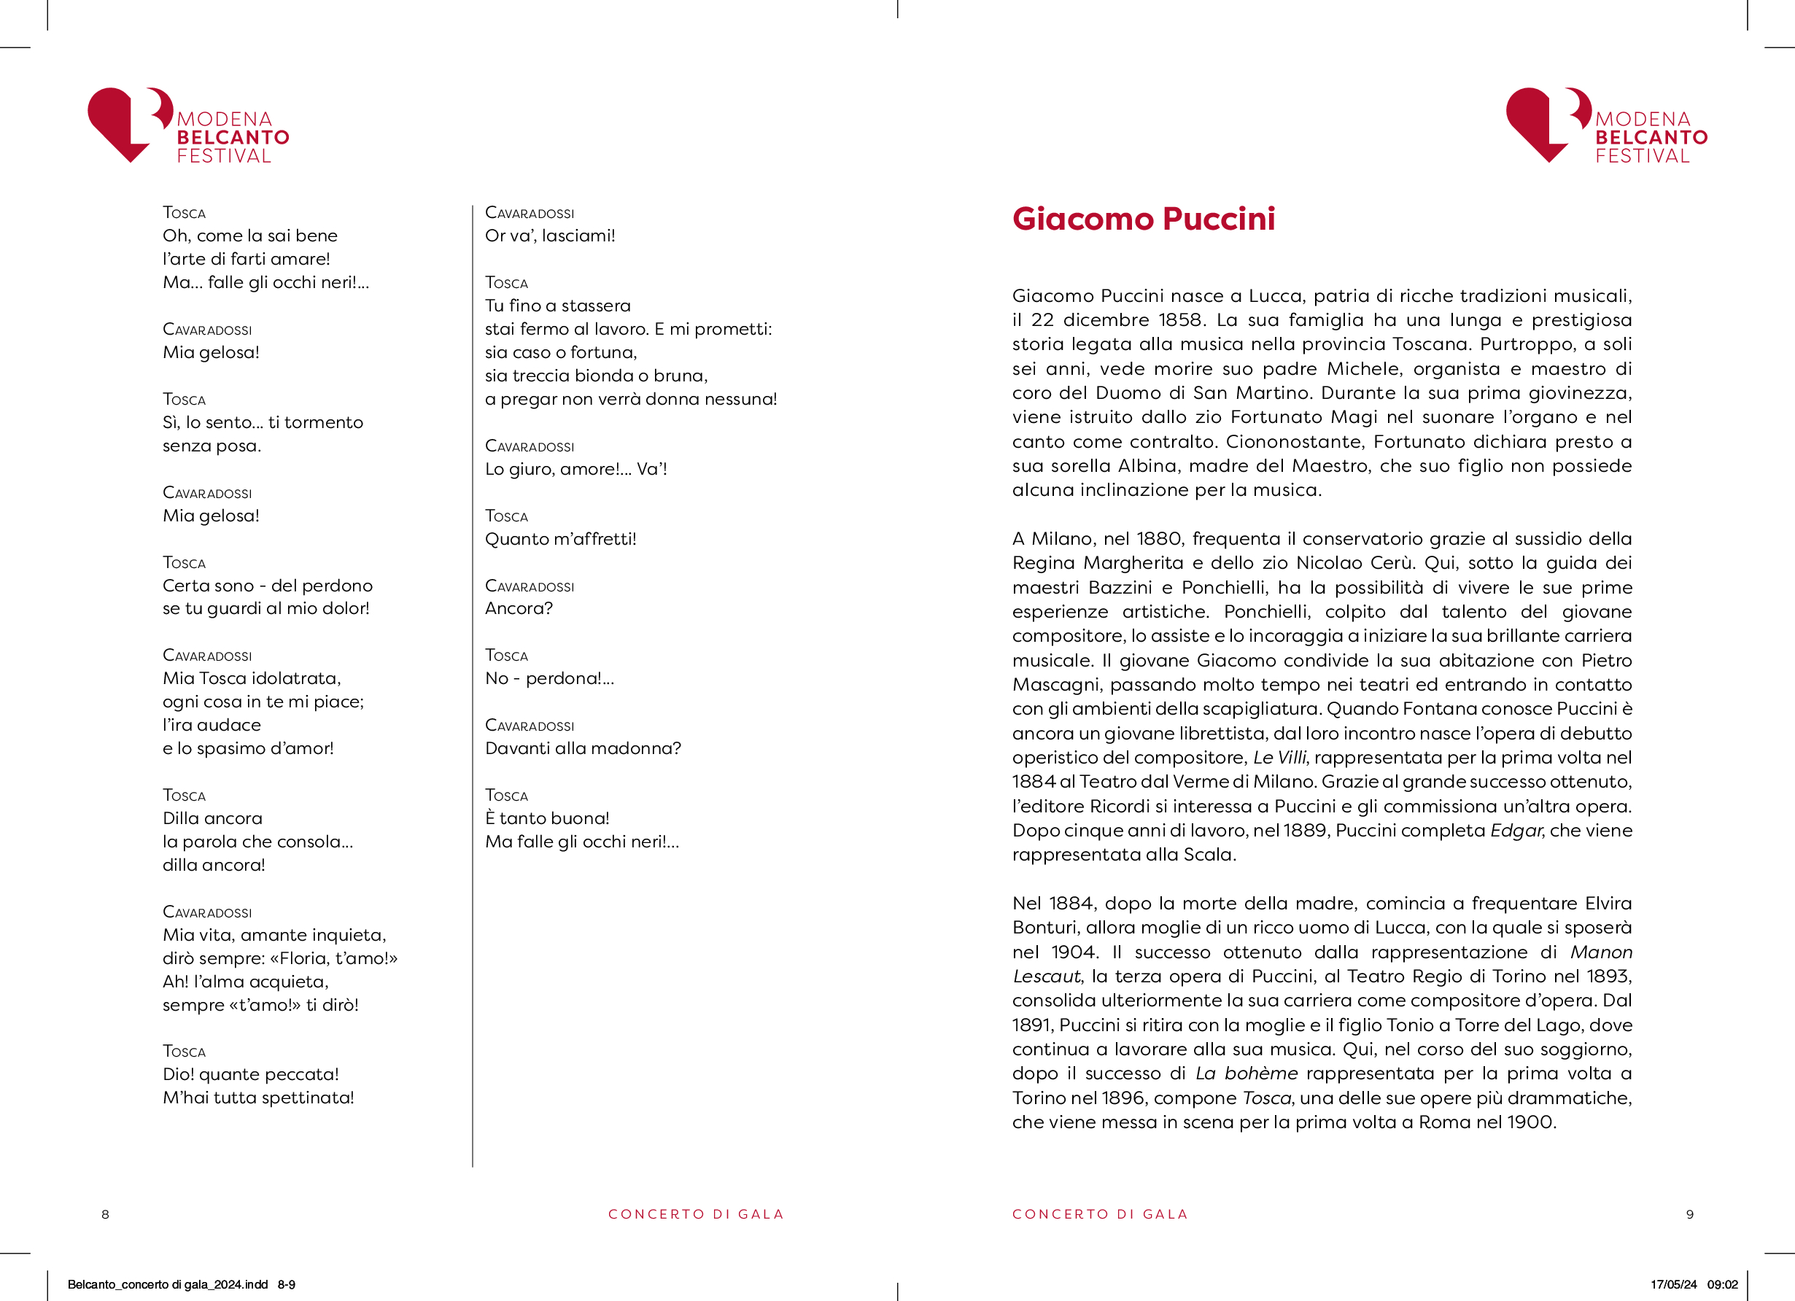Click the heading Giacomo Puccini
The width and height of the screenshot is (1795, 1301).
(1143, 220)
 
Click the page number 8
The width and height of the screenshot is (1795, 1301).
(105, 1214)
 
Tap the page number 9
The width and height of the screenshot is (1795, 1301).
(1690, 1214)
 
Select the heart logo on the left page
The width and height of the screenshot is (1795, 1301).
(127, 123)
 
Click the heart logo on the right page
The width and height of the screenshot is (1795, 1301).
(1545, 123)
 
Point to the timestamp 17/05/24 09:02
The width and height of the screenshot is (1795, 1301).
(1694, 1284)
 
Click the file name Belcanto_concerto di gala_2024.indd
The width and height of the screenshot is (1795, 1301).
(168, 1284)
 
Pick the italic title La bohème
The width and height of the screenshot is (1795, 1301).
(1247, 1073)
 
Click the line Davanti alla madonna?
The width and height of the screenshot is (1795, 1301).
(583, 747)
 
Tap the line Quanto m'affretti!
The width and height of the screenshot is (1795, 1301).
(560, 539)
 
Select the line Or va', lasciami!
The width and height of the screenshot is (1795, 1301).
(549, 236)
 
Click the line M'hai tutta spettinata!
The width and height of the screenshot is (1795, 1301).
(258, 1098)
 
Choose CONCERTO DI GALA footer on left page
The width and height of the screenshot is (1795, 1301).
(696, 1214)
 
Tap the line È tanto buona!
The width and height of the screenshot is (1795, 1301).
(547, 818)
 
